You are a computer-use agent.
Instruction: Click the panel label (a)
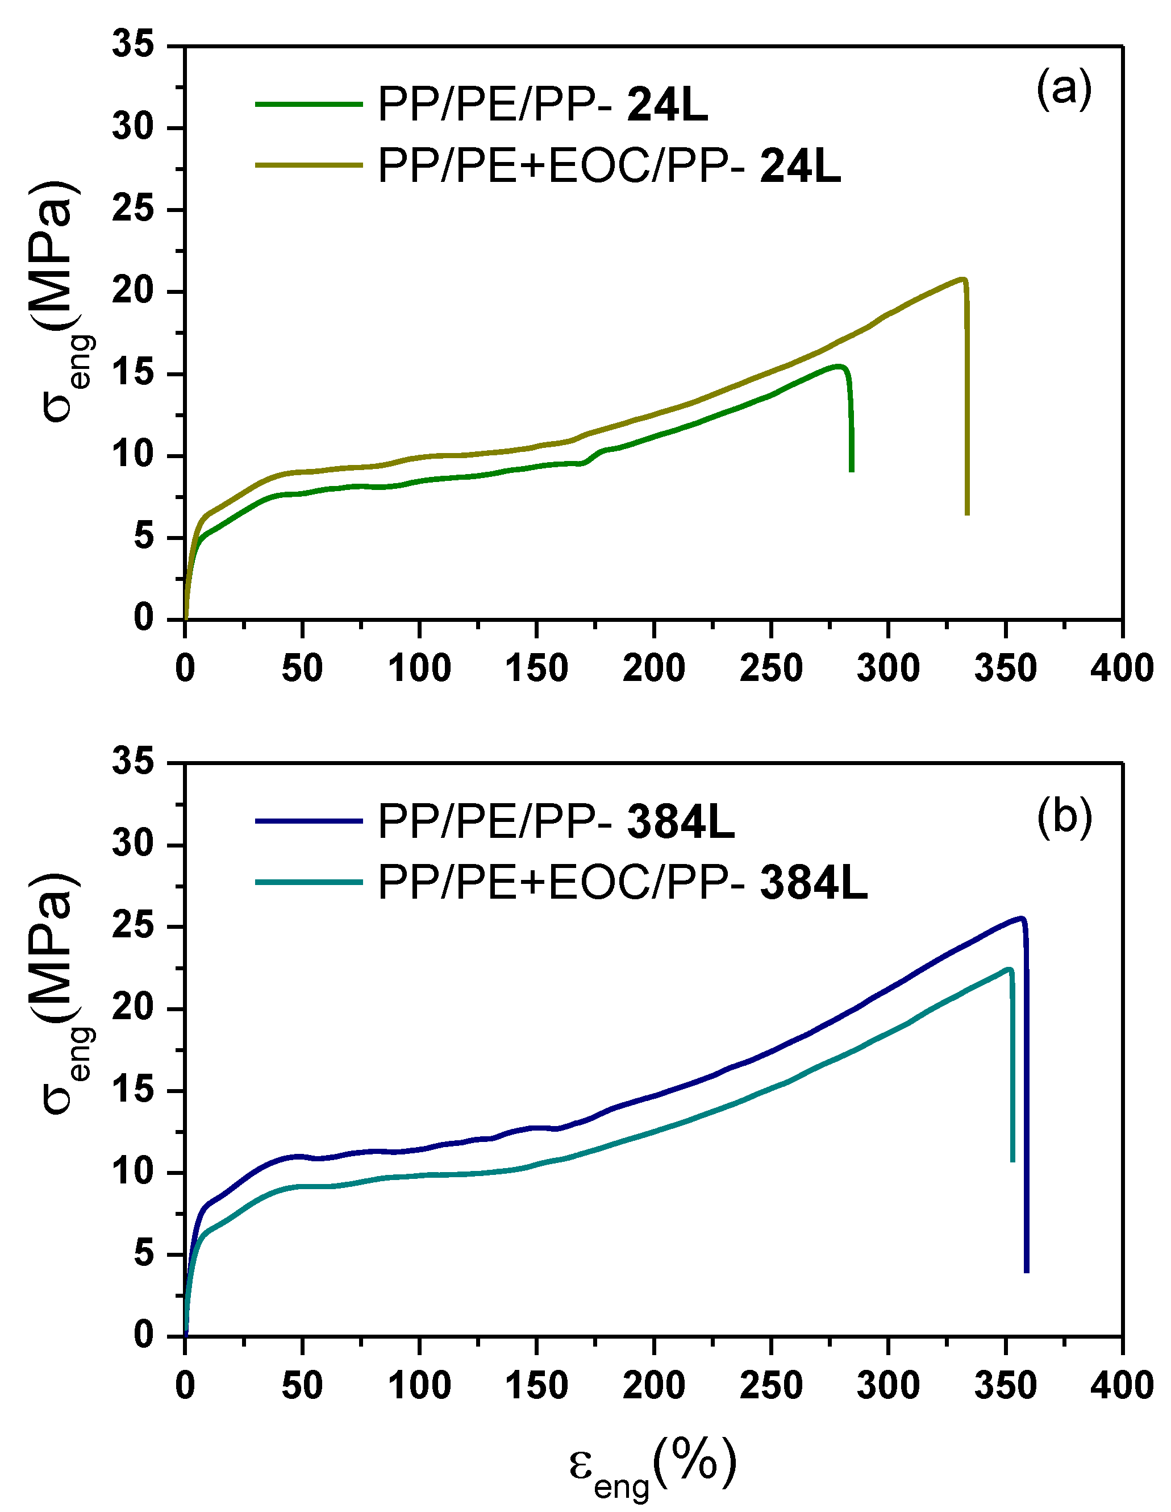1064,89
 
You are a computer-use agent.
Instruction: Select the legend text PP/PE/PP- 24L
543,105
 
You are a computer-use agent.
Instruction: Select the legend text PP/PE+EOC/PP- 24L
609,166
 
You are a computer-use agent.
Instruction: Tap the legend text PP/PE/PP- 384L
556,822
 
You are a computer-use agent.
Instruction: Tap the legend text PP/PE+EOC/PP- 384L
622,883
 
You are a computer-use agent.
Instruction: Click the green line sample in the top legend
309,105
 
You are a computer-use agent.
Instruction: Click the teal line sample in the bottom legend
309,882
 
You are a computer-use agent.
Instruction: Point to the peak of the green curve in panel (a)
839,366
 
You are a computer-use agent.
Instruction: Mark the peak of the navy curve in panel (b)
1021,919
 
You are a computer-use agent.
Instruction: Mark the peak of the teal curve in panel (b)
1009,969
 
